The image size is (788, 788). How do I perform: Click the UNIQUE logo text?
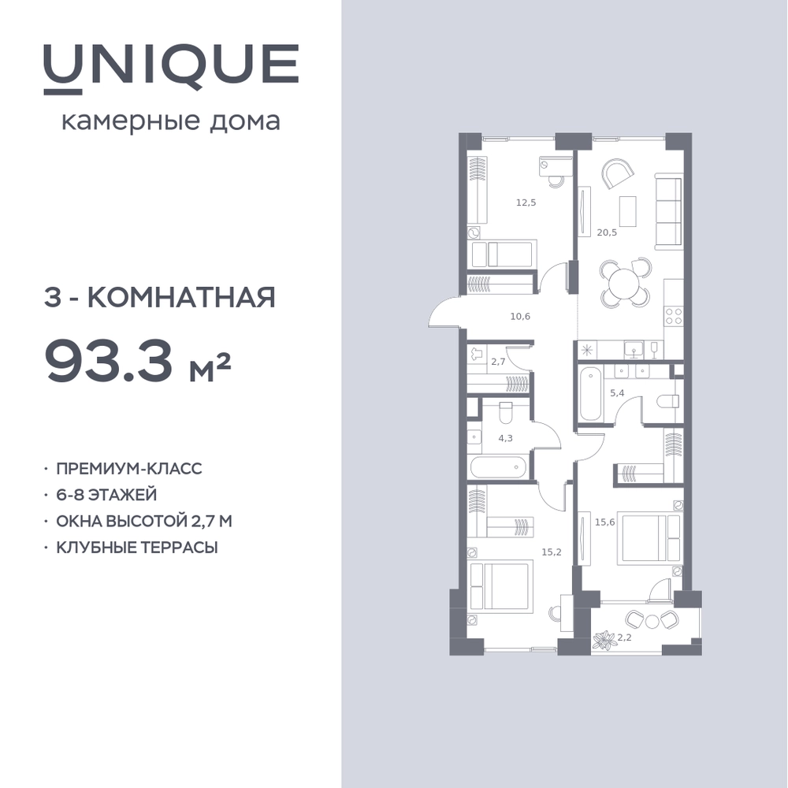[x=171, y=69]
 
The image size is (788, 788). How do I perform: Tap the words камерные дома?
[x=170, y=122]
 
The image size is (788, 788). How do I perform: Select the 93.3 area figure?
[x=109, y=360]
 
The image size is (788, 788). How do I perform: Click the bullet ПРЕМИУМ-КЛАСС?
[x=128, y=468]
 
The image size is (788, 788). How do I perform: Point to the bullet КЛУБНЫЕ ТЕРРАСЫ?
[x=136, y=548]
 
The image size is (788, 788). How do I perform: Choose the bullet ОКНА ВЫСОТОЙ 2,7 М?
[x=143, y=521]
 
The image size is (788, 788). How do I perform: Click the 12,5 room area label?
[x=526, y=203]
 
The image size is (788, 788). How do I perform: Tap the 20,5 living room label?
[x=607, y=232]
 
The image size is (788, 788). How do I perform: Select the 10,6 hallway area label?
[x=520, y=317]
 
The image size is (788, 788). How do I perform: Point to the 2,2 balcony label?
[x=624, y=637]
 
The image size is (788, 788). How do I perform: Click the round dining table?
[x=624, y=284]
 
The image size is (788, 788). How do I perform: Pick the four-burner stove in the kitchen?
[x=674, y=316]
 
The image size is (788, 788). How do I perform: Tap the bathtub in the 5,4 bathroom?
[x=590, y=395]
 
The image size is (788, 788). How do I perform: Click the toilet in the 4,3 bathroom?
[x=505, y=413]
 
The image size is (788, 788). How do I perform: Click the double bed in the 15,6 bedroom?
[x=651, y=537]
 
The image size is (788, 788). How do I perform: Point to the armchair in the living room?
[x=617, y=173]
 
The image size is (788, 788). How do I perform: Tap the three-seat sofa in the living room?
[x=669, y=210]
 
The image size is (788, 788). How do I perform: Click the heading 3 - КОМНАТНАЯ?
[x=159, y=298]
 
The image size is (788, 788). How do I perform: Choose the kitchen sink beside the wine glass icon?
[x=635, y=349]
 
